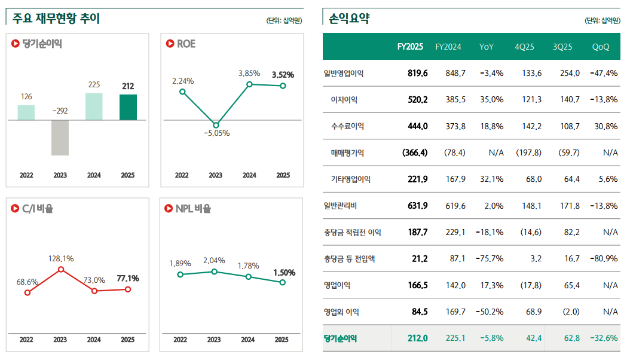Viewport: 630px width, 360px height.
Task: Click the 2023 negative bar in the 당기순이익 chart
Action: pyautogui.click(x=60, y=138)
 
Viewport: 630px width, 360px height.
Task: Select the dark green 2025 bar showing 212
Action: pyautogui.click(x=128, y=107)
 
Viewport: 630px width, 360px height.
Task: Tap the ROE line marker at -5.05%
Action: pyautogui.click(x=216, y=125)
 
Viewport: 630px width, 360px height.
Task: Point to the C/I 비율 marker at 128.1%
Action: pyautogui.click(x=60, y=270)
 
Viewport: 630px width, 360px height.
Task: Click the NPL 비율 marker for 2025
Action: pyautogui.click(x=283, y=282)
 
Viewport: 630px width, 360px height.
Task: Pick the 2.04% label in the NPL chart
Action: pyautogui.click(x=214, y=260)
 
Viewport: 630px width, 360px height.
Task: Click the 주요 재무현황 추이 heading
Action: pyautogui.click(x=56, y=19)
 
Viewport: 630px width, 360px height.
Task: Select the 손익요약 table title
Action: pyautogui.click(x=349, y=19)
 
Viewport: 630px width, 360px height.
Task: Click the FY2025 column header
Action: pyautogui.click(x=410, y=47)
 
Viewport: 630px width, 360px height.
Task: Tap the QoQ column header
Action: pyautogui.click(x=601, y=47)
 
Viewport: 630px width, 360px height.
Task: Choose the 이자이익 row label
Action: pyautogui.click(x=344, y=100)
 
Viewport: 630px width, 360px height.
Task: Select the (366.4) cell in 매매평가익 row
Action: pyautogui.click(x=415, y=152)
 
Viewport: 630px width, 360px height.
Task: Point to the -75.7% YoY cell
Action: pyautogui.click(x=491, y=259)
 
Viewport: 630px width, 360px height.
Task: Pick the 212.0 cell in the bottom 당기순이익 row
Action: pyautogui.click(x=417, y=338)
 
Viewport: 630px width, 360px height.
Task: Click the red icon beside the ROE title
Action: pyautogui.click(x=169, y=44)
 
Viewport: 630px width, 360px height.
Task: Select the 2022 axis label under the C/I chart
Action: pyautogui.click(x=26, y=340)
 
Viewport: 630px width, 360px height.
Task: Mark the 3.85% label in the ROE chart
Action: pyautogui.click(x=249, y=73)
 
